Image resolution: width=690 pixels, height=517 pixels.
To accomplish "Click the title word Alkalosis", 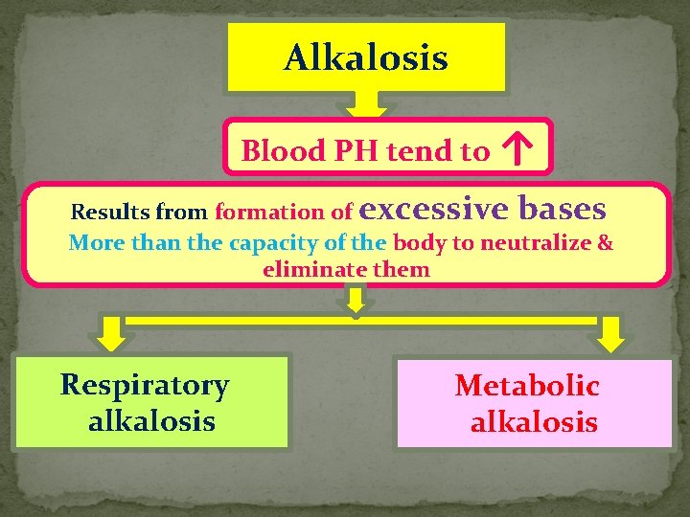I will pos(366,58).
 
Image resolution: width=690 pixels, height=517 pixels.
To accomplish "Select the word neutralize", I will pos(541,242).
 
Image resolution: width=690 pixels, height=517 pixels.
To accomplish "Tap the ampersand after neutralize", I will pos(605,242).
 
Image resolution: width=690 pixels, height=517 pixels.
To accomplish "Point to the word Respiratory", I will pos(145,385).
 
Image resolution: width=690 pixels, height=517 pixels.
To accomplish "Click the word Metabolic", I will pos(527,386).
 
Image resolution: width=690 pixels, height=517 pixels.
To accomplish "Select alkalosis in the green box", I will pos(151,420).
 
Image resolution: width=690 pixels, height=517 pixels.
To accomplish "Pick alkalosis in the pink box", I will pos(534,422).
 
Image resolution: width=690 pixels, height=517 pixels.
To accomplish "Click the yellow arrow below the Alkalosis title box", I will pos(365,103).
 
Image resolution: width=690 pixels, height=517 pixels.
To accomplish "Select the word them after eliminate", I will pos(402,270).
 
